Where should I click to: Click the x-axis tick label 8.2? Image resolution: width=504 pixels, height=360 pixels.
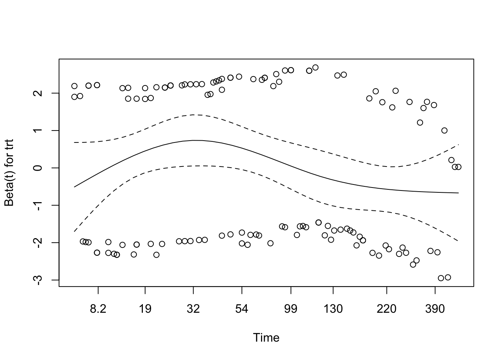(x=98, y=309)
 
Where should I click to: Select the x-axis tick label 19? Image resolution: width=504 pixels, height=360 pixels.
(x=145, y=309)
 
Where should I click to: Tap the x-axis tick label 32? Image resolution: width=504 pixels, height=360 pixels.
(x=193, y=309)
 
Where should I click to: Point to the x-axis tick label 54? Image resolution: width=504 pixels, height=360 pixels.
(x=242, y=309)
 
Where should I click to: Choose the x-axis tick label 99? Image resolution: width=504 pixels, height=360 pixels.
(x=291, y=309)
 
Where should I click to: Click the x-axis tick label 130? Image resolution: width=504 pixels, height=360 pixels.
(x=333, y=309)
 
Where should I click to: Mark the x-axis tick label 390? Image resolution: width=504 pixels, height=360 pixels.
(x=435, y=309)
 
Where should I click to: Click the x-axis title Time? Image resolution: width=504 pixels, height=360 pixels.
(x=266, y=338)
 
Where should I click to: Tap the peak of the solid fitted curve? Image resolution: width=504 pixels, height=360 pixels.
(x=195, y=140)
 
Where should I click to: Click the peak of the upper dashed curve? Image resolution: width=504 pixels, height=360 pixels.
(x=195, y=115)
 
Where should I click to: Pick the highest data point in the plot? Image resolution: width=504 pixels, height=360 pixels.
(x=315, y=67)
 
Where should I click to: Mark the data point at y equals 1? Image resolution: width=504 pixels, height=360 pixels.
(x=444, y=130)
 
